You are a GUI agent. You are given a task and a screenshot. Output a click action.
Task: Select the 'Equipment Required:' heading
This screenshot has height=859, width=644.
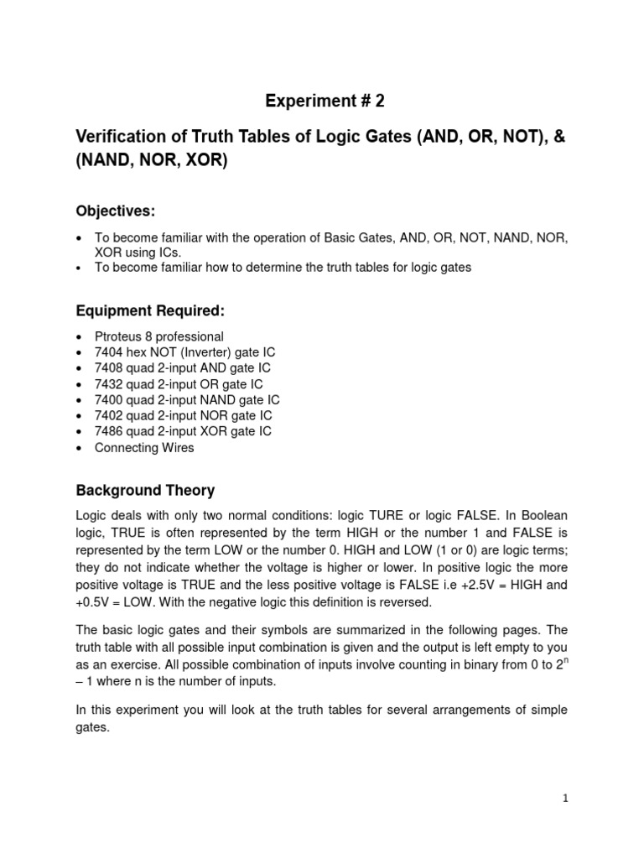tap(150, 310)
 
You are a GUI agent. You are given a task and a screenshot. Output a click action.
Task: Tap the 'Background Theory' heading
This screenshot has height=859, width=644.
tap(145, 490)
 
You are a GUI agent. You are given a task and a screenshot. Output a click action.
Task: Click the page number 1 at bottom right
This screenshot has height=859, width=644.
tap(566, 798)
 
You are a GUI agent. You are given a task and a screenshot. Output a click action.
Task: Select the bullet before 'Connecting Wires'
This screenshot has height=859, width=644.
tap(79, 449)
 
